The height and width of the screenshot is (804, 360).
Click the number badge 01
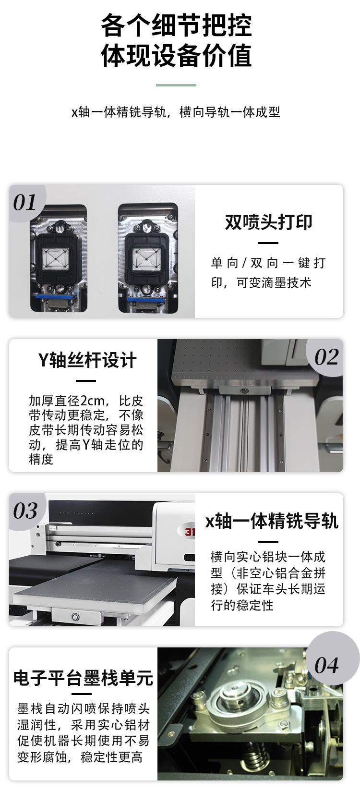24,203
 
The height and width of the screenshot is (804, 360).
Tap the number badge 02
326,357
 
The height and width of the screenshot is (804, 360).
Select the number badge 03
25,511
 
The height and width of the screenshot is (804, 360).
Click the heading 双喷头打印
269,222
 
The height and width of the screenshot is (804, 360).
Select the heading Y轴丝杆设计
87,360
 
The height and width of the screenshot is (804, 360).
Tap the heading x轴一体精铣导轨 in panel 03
272,521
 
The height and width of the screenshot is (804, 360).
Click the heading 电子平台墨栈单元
83,678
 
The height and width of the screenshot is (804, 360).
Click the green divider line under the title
176,85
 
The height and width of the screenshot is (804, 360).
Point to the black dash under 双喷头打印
268,243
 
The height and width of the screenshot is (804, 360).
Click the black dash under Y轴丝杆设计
86,381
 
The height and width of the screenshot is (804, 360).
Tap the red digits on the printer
190,532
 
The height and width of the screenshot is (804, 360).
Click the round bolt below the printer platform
74,616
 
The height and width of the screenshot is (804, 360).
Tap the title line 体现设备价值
176,56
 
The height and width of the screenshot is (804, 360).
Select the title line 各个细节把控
176,25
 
